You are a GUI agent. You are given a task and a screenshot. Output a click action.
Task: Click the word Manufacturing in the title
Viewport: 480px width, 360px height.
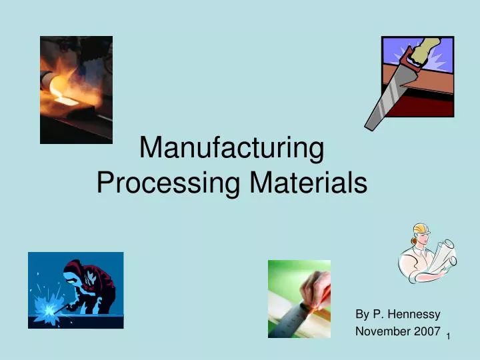[x=231, y=149]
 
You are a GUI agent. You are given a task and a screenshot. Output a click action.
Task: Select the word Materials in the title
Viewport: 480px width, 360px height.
[x=308, y=182]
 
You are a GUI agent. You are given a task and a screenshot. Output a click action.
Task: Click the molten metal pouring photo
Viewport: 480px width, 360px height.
[x=76, y=89]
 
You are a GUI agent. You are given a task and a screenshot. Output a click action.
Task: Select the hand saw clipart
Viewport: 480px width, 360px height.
[x=409, y=80]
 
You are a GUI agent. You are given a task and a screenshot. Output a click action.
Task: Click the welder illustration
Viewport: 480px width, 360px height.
[x=75, y=290]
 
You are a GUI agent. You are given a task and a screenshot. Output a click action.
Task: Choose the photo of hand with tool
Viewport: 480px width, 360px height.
[x=299, y=298]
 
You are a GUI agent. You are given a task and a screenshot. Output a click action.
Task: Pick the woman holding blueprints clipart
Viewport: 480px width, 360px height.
[x=427, y=253]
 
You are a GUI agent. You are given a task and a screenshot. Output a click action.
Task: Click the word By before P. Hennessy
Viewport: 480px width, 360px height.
[x=362, y=314]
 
